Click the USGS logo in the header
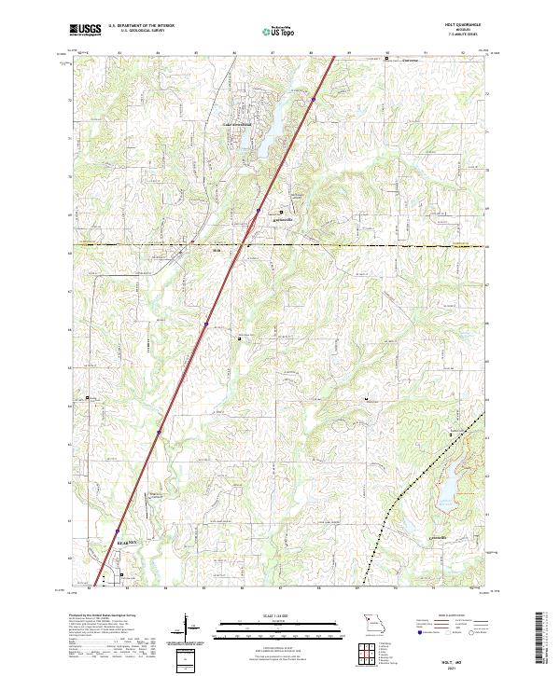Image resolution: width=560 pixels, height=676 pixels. (x=86, y=30)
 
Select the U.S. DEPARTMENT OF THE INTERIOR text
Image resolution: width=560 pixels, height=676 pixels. (x=140, y=27)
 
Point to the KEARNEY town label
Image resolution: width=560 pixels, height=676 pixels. (x=126, y=541)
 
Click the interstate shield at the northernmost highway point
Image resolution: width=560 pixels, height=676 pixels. (x=314, y=98)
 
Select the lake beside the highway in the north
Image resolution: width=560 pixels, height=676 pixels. (x=264, y=140)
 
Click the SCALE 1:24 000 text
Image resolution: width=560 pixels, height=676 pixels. (x=267, y=614)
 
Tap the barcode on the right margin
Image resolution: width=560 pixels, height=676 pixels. (x=542, y=639)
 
